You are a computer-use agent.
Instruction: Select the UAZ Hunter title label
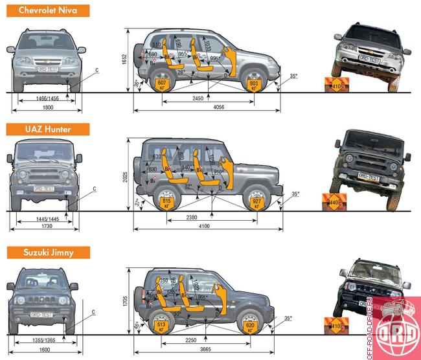click(x=39, y=129)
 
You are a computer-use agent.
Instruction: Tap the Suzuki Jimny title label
click(x=43, y=252)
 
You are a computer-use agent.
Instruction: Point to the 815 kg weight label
click(x=166, y=204)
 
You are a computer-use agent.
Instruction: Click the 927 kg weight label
click(x=257, y=204)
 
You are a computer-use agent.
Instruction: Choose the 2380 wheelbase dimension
click(x=192, y=218)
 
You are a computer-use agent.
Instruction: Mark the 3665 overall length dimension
click(x=205, y=350)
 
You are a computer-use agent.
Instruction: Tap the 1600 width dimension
click(x=45, y=350)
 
